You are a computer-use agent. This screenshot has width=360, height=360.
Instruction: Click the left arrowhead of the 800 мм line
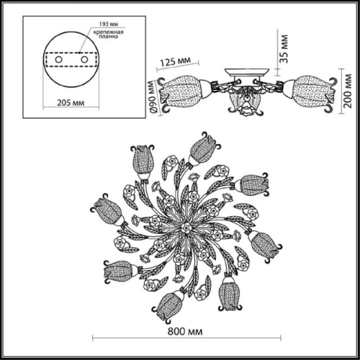(96, 338)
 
